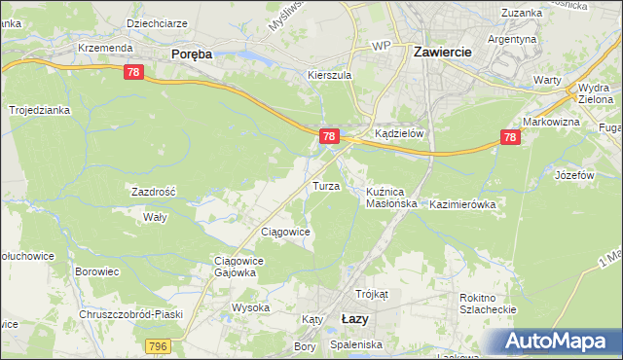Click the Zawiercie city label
pyautogui.click(x=443, y=53)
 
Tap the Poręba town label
pyautogui.click(x=191, y=55)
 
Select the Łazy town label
pyautogui.click(x=356, y=318)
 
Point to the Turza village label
pyautogui.click(x=324, y=185)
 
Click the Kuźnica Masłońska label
pyautogui.click(x=391, y=198)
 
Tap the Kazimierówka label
pyautogui.click(x=462, y=204)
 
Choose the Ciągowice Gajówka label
pyautogui.click(x=235, y=267)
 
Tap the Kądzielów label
pyautogui.click(x=399, y=134)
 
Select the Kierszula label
pyautogui.click(x=328, y=75)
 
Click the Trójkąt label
pyautogui.click(x=372, y=293)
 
